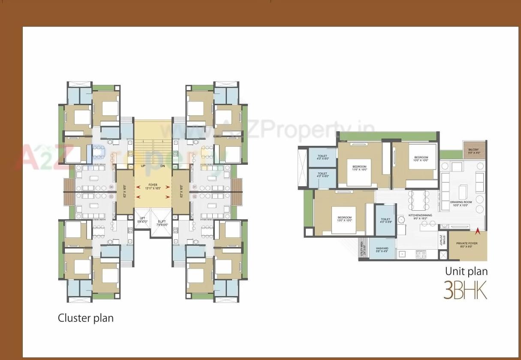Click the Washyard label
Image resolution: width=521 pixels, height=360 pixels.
(382, 250)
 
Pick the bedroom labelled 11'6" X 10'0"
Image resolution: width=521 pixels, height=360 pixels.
(359, 168)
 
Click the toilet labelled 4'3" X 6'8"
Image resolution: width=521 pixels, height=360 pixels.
(385, 221)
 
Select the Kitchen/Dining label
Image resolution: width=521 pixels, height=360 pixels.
(420, 217)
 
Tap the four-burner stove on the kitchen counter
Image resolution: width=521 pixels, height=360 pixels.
(421, 254)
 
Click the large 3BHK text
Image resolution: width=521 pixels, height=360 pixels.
(465, 290)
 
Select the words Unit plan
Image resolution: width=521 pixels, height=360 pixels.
(466, 271)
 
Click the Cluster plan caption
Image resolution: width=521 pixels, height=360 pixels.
(86, 318)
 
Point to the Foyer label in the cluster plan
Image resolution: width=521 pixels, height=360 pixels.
(153, 186)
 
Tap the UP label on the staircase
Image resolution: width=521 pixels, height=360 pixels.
(143, 166)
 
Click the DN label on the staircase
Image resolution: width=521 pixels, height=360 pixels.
(163, 166)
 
